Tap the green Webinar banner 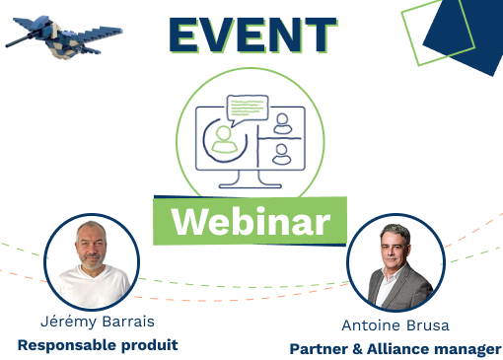pos(251,221)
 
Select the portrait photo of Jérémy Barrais pos(90,260)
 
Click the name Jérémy pos(66,323)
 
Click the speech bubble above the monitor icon pos(247,107)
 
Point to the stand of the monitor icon pos(249,177)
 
